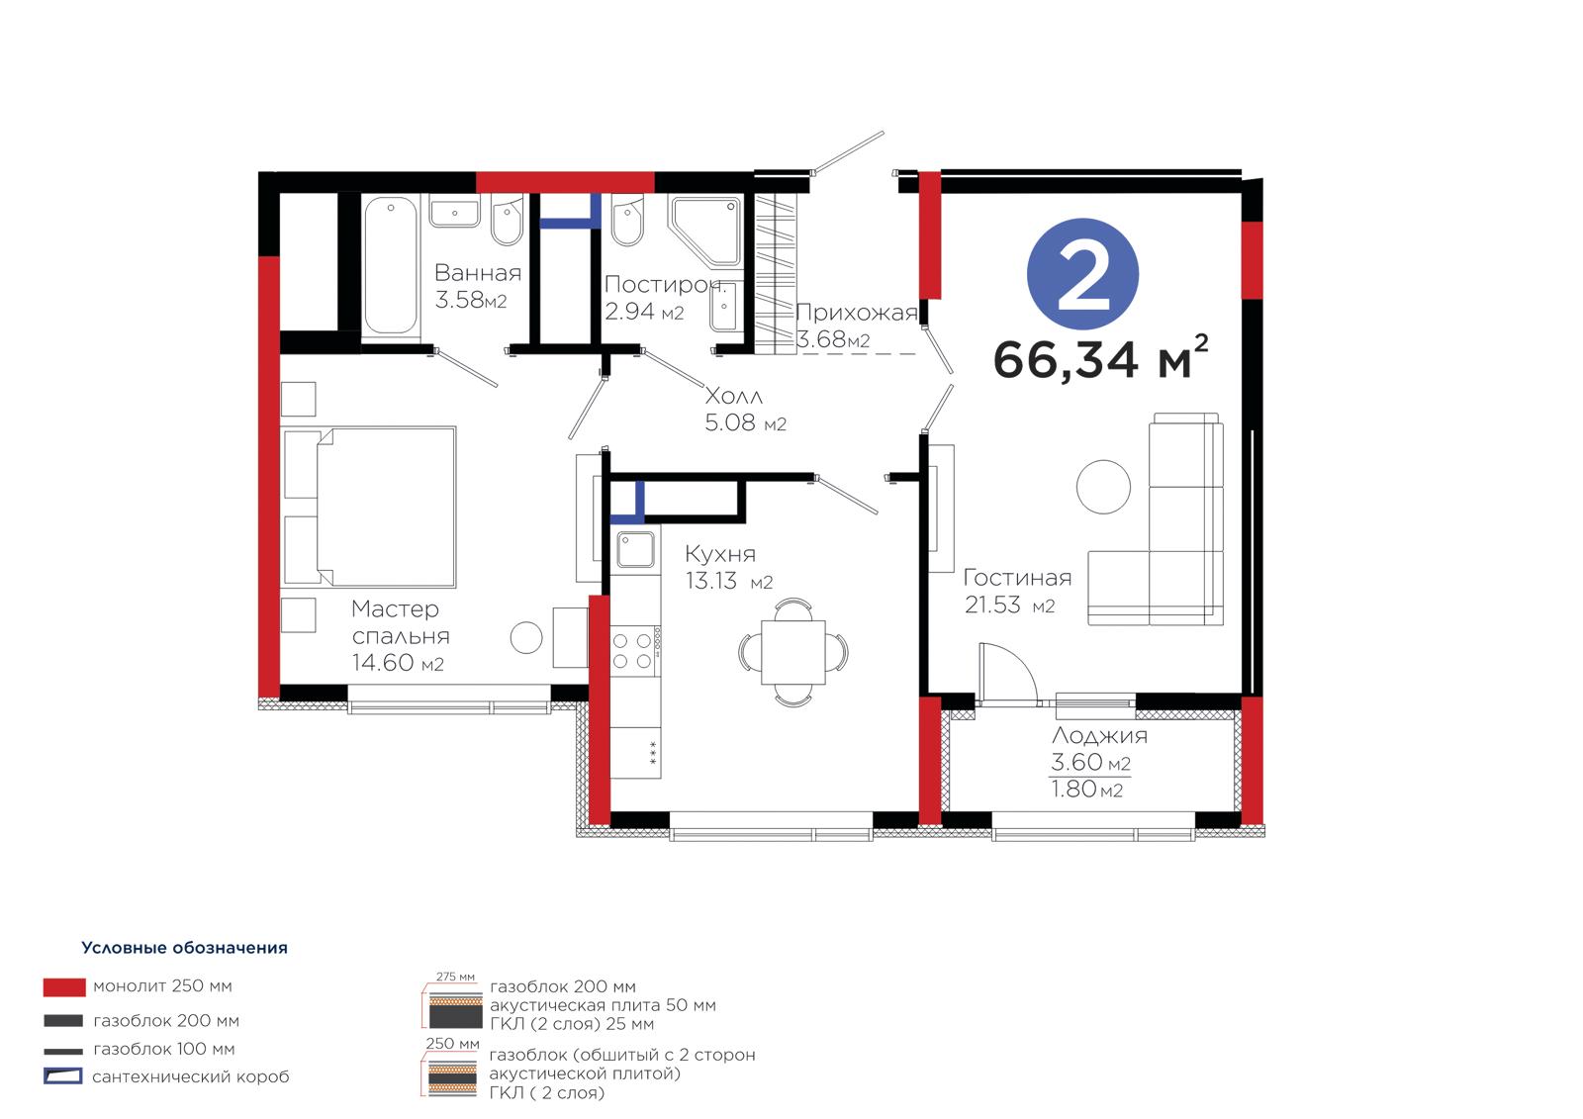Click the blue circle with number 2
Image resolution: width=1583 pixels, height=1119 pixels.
coord(1082,273)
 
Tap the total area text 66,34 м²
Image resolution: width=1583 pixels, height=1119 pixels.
coord(1100,358)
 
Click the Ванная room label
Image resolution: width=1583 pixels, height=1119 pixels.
coord(478,272)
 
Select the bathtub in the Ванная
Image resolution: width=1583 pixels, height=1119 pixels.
coord(390,264)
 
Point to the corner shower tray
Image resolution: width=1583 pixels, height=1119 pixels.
coord(705,230)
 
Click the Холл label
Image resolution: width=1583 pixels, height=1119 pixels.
coord(733,395)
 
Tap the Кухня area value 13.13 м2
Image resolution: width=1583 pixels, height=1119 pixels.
coord(728,581)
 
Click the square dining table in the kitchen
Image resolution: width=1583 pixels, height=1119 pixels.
coord(792,652)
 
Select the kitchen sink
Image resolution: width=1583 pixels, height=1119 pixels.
coord(635,549)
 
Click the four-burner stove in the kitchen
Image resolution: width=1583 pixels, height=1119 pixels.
coord(634,651)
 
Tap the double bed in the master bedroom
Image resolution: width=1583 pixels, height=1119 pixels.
coord(370,507)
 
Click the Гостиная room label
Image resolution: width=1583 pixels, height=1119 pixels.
coord(1017,578)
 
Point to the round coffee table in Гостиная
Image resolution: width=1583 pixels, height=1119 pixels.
coord(1103,487)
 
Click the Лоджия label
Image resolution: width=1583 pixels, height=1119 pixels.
coord(1099,735)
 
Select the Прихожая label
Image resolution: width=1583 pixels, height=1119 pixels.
coord(857,312)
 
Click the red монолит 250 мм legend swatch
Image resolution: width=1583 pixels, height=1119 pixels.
coord(64,986)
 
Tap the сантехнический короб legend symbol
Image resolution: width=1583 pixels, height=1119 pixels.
coord(63,1075)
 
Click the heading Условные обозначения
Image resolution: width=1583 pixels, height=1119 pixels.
coord(184,947)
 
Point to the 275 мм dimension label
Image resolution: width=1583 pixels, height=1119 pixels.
coord(455,977)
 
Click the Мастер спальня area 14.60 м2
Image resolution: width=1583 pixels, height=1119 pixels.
coord(398,662)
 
